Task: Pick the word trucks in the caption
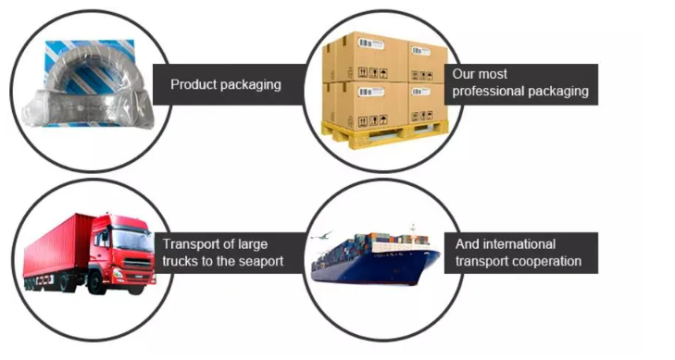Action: point(184,262)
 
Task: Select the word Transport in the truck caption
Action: point(190,244)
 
